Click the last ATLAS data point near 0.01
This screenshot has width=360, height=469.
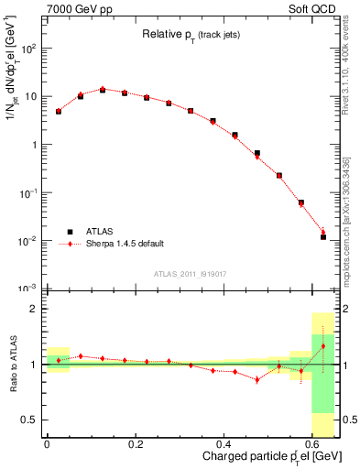click(323, 236)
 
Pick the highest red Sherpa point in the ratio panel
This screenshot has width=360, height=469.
click(323, 346)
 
